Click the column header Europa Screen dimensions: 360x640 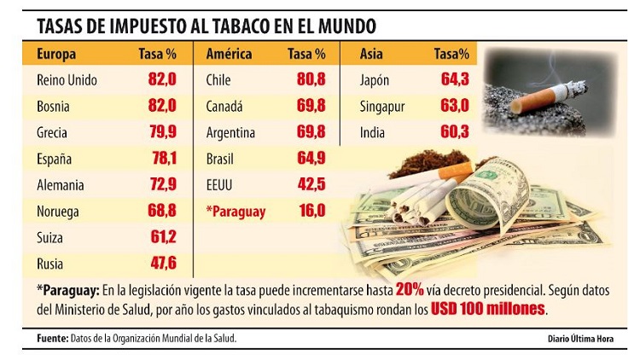point(56,55)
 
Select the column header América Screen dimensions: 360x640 point(229,55)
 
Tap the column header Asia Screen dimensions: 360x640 point(373,55)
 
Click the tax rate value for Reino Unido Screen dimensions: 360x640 point(160,80)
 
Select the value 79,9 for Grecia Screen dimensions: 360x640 point(160,133)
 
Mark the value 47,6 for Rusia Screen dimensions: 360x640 point(160,264)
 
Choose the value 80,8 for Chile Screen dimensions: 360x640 point(311,80)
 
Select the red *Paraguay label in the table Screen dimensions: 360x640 point(236,212)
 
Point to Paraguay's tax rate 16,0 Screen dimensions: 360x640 point(311,212)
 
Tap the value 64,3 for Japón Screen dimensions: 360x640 point(453,80)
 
